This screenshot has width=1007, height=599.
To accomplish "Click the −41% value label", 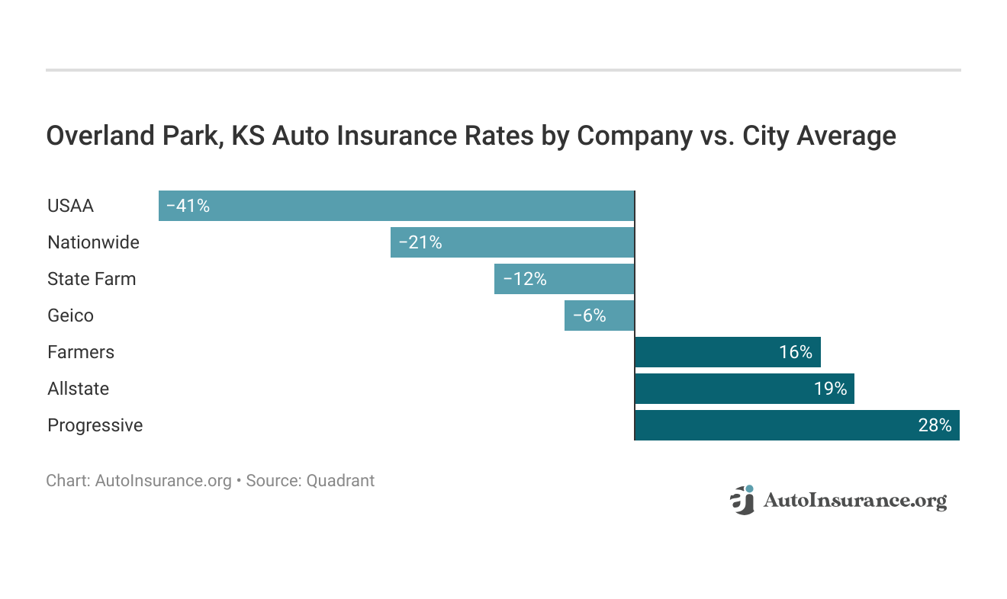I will [x=188, y=206].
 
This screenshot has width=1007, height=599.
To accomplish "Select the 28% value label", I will [x=935, y=425].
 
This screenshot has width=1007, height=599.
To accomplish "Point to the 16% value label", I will [x=796, y=352].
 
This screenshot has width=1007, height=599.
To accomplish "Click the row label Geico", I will [x=70, y=316].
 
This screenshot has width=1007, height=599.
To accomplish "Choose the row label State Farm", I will [x=92, y=279].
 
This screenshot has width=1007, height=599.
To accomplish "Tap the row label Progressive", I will [x=95, y=425].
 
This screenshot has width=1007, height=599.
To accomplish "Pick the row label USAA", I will [x=70, y=206].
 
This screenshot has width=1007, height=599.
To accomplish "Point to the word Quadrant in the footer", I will [x=340, y=481].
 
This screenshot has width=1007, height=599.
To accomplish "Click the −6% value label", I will [x=588, y=316].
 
